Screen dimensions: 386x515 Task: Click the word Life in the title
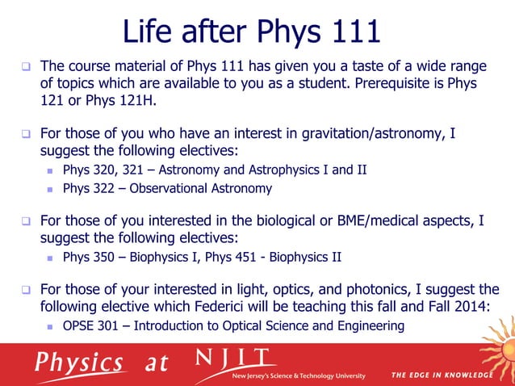(x=149, y=32)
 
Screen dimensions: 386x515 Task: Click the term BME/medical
(x=362, y=220)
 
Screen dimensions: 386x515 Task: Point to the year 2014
(x=477, y=308)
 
